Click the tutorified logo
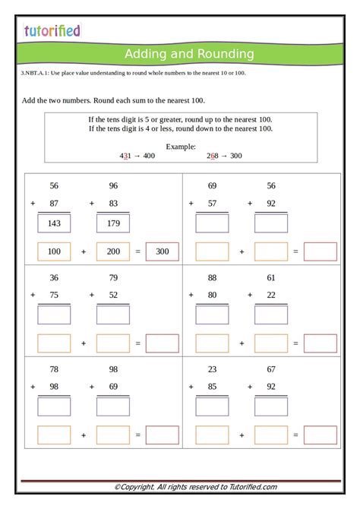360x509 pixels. point(52,30)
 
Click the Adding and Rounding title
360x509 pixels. point(189,54)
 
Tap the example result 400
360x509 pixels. point(148,155)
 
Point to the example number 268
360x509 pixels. point(212,155)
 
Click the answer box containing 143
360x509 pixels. point(54,223)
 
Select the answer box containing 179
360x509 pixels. point(113,223)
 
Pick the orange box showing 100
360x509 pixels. point(54,251)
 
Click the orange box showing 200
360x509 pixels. point(113,251)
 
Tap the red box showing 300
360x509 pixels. point(163,251)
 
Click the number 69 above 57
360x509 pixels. point(212,186)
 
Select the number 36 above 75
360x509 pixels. point(54,277)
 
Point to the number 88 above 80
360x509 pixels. point(212,277)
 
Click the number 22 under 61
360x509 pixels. point(271,295)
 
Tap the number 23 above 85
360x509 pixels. point(212,369)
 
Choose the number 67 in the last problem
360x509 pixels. point(271,369)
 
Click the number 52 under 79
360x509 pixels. point(113,295)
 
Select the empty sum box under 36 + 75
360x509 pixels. point(54,315)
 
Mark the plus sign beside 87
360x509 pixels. point(33,204)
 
